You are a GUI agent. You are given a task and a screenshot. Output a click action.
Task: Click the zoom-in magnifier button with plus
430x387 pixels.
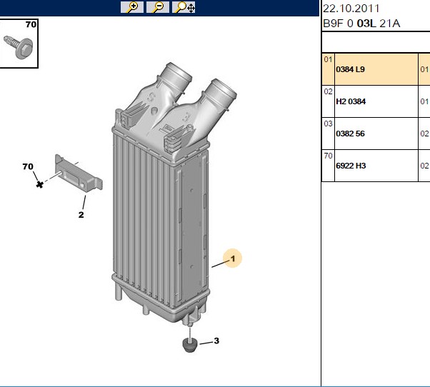click(132, 7)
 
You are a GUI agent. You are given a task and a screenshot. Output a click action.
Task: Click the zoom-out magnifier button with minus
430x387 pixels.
click(158, 7)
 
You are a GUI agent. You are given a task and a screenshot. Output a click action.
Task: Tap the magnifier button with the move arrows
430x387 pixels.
click(184, 7)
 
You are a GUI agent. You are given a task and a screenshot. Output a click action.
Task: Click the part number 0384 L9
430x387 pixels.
click(350, 69)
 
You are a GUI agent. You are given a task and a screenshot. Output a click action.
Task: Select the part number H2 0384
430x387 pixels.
click(351, 101)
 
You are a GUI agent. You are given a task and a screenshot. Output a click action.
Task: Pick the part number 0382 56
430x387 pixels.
click(350, 134)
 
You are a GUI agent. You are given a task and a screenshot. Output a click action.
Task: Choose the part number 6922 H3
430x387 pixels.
click(351, 166)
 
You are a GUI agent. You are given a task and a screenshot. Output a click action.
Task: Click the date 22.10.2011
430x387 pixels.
click(351, 9)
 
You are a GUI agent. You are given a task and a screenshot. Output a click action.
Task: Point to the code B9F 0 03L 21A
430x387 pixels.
click(361, 24)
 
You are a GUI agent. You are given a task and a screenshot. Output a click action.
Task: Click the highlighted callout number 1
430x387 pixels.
click(233, 258)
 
